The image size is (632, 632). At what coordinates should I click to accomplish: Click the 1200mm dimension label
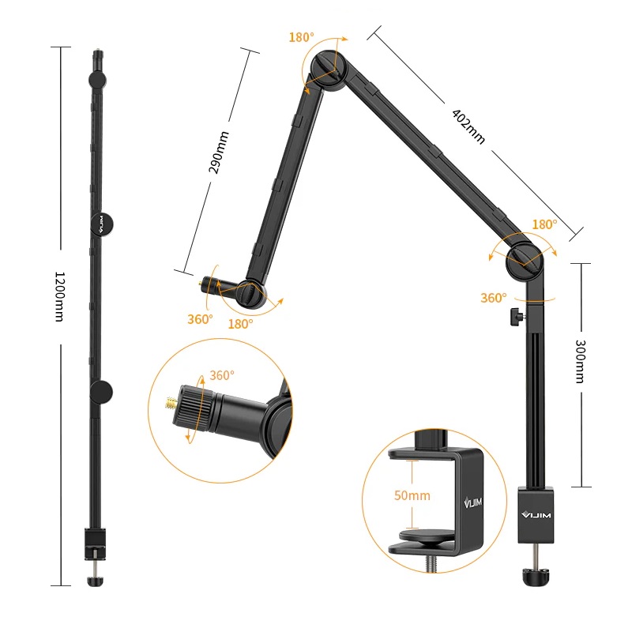click(59, 297)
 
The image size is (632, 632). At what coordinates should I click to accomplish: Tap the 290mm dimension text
click(219, 152)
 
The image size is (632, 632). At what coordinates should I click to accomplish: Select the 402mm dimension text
click(468, 126)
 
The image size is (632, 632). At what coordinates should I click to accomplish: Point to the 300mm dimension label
click(580, 361)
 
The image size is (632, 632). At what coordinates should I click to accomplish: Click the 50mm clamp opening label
click(412, 495)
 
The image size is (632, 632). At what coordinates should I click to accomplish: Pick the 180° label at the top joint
click(301, 37)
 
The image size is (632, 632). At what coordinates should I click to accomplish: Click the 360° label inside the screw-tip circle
click(222, 375)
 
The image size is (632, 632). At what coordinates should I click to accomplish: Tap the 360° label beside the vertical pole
click(493, 298)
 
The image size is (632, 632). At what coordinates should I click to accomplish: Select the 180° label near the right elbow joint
click(544, 224)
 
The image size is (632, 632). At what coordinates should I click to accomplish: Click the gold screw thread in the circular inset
click(171, 402)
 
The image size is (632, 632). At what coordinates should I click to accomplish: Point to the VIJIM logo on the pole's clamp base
click(536, 515)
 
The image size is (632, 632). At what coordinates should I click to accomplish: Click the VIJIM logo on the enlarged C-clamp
click(472, 502)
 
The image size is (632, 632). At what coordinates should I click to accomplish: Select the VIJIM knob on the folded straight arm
click(101, 224)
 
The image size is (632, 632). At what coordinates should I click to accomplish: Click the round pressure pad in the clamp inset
click(427, 536)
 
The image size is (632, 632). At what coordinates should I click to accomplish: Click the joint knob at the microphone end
click(250, 294)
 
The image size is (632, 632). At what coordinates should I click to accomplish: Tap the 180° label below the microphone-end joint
click(241, 324)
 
